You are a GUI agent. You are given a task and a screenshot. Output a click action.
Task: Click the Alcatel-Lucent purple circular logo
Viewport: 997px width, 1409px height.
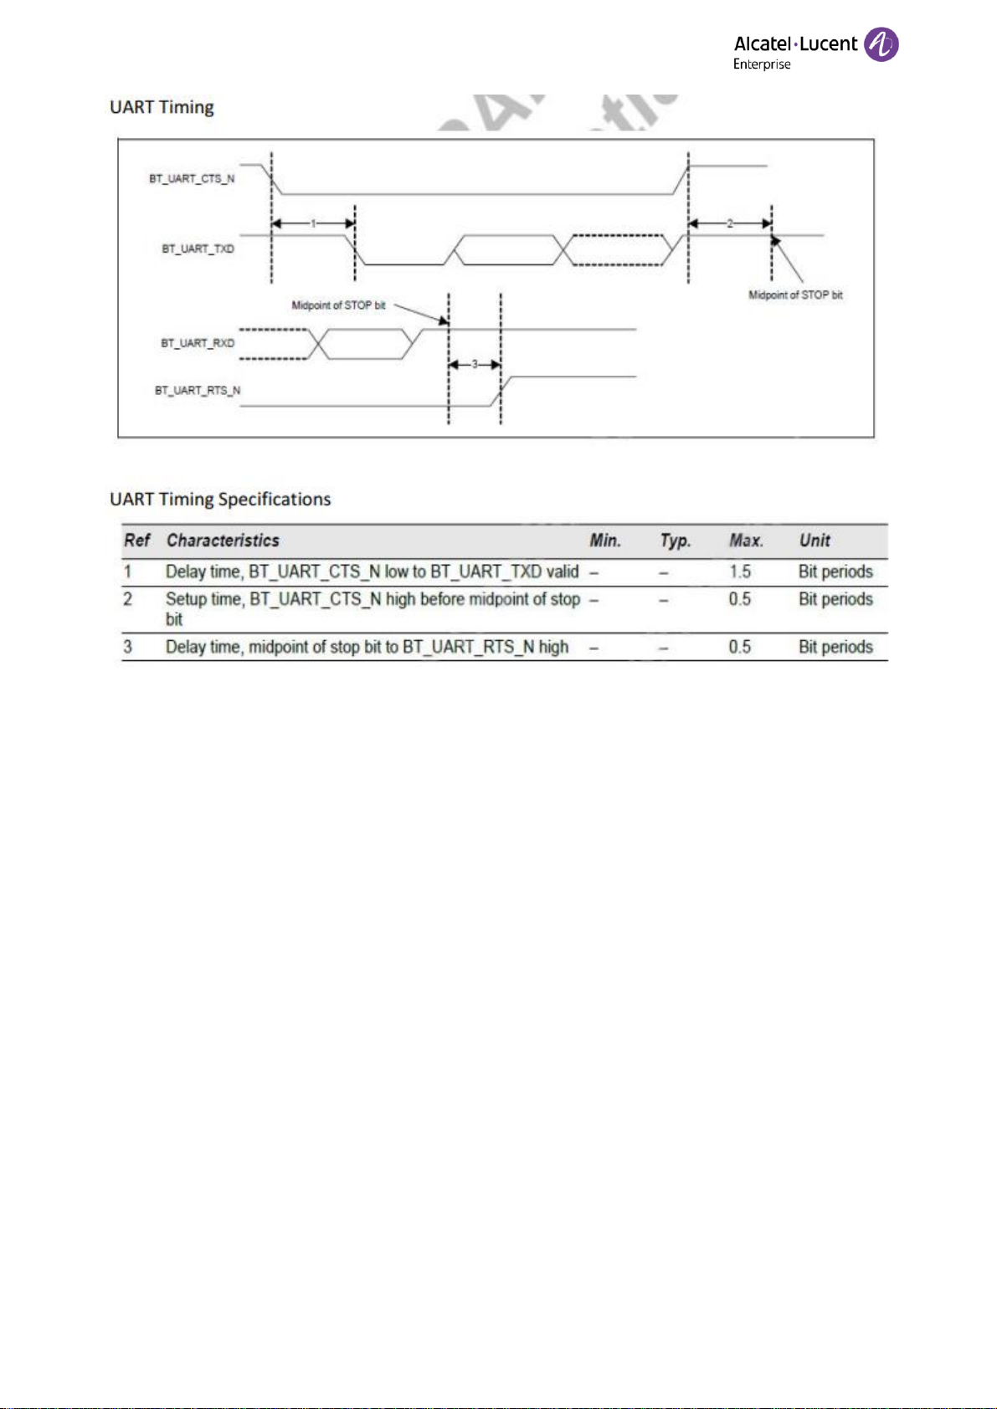(881, 44)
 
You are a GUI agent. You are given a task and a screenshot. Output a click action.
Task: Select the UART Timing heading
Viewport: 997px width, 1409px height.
(162, 108)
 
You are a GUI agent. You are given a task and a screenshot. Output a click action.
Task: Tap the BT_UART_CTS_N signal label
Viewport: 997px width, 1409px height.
(192, 179)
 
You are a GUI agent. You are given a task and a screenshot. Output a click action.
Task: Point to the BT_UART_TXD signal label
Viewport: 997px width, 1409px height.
(198, 249)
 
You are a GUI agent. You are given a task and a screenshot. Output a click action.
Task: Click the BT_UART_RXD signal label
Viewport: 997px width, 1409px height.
(198, 343)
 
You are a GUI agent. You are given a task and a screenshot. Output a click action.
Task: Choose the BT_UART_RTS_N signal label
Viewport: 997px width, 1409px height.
(198, 391)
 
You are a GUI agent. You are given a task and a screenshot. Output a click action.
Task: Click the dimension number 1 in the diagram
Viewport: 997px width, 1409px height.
(313, 223)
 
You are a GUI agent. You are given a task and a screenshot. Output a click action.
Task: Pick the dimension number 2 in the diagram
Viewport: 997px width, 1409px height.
(730, 223)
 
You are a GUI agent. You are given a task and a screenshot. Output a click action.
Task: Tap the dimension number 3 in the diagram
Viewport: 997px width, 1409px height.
(475, 364)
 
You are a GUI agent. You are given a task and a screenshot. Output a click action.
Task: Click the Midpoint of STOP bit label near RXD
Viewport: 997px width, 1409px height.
(339, 305)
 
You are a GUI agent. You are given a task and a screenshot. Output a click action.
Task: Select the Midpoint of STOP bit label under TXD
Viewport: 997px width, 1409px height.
(795, 295)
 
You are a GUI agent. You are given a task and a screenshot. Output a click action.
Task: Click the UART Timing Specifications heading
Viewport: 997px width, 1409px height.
(220, 500)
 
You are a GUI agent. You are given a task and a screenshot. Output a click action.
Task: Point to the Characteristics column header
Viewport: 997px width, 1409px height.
(223, 541)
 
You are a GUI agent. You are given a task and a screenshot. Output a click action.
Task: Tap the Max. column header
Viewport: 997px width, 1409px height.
(747, 541)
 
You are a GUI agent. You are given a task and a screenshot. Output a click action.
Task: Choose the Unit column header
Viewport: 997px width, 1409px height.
(815, 541)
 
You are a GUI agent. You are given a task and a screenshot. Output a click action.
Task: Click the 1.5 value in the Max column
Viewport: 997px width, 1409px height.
(740, 571)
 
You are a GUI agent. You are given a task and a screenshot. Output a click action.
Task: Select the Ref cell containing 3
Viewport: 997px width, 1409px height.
(128, 647)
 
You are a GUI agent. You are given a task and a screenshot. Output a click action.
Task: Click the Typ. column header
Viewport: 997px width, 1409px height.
(676, 541)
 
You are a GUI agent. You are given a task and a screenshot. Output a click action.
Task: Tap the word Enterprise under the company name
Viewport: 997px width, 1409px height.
(762, 64)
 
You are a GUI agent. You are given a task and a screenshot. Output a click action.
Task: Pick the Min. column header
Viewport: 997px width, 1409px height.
(605, 541)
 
